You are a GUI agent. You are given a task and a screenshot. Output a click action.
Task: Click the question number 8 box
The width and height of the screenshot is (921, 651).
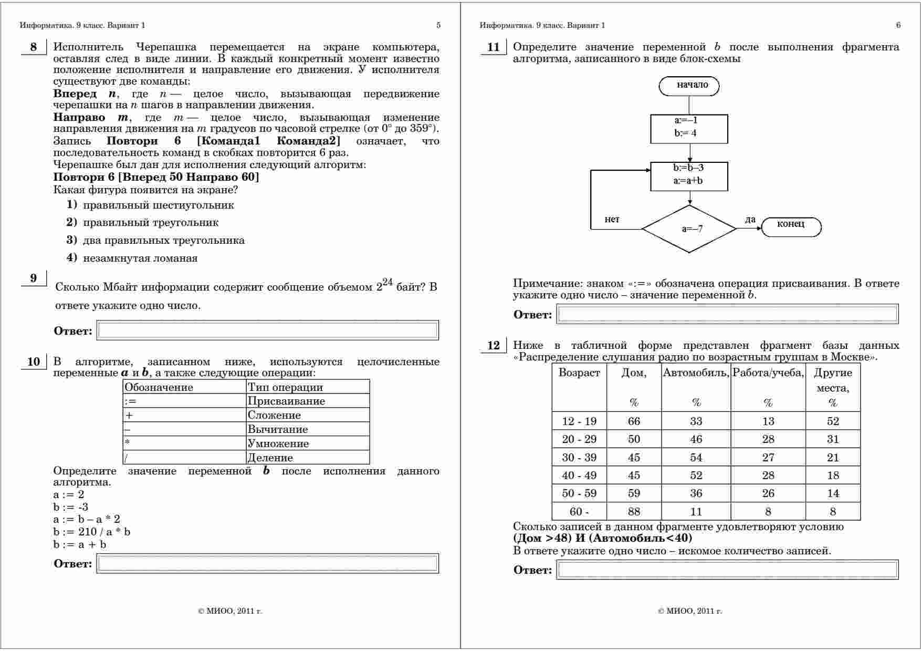(x=34, y=47)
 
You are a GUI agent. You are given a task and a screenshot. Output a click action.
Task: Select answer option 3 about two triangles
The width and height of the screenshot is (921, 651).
(x=163, y=241)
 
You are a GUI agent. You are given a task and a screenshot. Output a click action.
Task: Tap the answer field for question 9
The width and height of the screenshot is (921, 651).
(x=267, y=330)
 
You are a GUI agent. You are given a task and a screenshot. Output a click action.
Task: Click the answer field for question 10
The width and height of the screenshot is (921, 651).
(x=267, y=564)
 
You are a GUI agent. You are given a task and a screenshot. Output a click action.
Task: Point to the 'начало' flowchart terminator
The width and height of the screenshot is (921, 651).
(x=689, y=86)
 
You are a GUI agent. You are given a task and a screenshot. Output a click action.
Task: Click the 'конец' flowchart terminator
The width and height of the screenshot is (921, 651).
(x=791, y=225)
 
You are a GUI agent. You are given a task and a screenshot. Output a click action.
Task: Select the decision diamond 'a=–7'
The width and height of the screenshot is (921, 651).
(x=689, y=229)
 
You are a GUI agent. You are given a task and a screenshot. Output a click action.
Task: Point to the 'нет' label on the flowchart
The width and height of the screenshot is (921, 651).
(x=612, y=220)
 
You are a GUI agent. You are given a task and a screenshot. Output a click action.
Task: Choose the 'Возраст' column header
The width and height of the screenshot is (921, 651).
(x=579, y=373)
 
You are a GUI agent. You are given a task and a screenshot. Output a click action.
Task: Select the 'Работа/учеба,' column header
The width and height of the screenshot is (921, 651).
(x=768, y=373)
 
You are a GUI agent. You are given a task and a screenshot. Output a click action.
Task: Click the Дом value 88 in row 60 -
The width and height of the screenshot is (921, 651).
(x=634, y=512)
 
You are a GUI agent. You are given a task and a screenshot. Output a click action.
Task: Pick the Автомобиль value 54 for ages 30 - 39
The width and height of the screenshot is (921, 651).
(x=696, y=458)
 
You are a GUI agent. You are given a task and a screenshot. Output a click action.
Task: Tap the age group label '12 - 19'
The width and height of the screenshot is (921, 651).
(x=579, y=421)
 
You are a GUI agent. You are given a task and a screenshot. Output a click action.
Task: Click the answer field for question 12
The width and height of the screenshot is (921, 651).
(x=727, y=570)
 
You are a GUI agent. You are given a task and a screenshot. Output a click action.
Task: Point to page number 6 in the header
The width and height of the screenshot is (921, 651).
(x=898, y=25)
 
